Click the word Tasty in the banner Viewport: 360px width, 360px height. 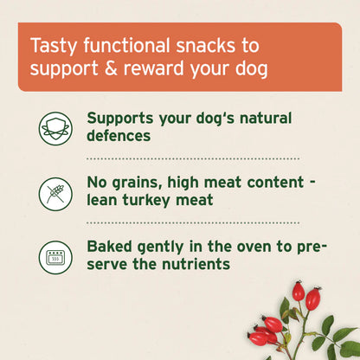coord(50,44)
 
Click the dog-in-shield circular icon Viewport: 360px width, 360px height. coord(55,127)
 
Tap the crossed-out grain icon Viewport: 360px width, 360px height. coord(55,192)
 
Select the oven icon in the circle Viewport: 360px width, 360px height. coord(55,256)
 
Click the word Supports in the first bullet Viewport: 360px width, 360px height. coord(122,119)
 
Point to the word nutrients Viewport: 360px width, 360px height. coord(202,265)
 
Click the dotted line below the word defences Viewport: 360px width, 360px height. coord(192,159)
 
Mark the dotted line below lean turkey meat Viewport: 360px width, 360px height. coord(192,223)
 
